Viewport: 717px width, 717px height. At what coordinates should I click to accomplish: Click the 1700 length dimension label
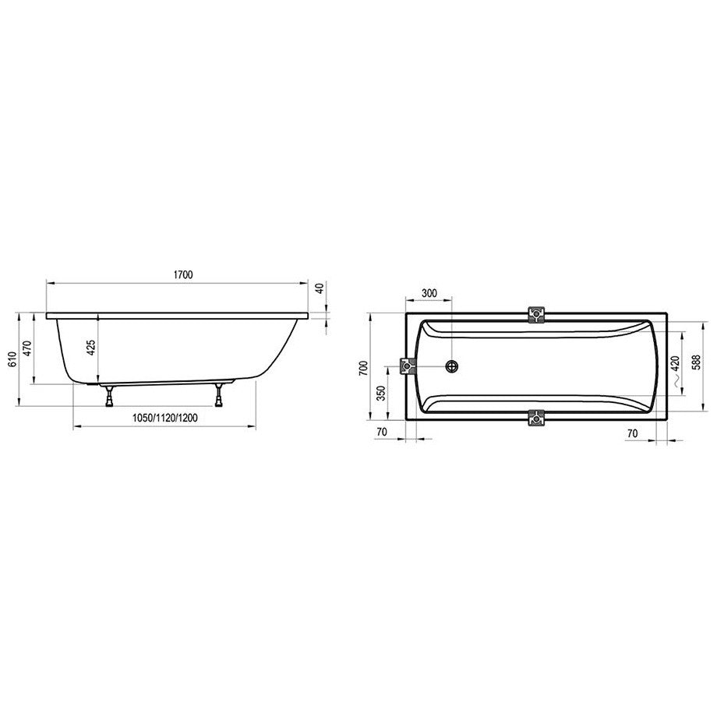tap(183, 275)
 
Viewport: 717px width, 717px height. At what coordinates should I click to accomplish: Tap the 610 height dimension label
tap(12, 359)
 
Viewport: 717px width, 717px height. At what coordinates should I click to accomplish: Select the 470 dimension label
tap(27, 349)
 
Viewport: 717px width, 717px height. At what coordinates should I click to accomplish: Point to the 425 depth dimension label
tap(91, 348)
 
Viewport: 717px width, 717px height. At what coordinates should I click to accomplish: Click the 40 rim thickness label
tap(320, 288)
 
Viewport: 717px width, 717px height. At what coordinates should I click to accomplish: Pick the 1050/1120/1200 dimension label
tap(165, 418)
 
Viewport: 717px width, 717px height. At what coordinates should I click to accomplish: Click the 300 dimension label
tap(429, 293)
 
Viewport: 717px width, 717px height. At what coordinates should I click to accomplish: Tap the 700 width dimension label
tap(363, 368)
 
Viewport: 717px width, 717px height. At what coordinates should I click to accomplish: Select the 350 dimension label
tap(381, 394)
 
